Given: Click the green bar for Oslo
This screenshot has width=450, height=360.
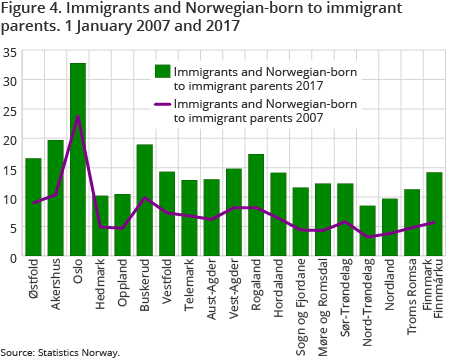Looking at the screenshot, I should pyautogui.click(x=78, y=160).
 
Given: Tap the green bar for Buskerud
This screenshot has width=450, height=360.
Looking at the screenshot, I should pyautogui.click(x=145, y=201).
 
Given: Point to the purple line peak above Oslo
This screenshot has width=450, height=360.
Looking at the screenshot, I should pyautogui.click(x=78, y=116).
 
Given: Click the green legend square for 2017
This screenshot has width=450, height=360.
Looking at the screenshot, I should pyautogui.click(x=160, y=72).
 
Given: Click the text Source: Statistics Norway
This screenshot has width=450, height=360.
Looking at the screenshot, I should pyautogui.click(x=60, y=352).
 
